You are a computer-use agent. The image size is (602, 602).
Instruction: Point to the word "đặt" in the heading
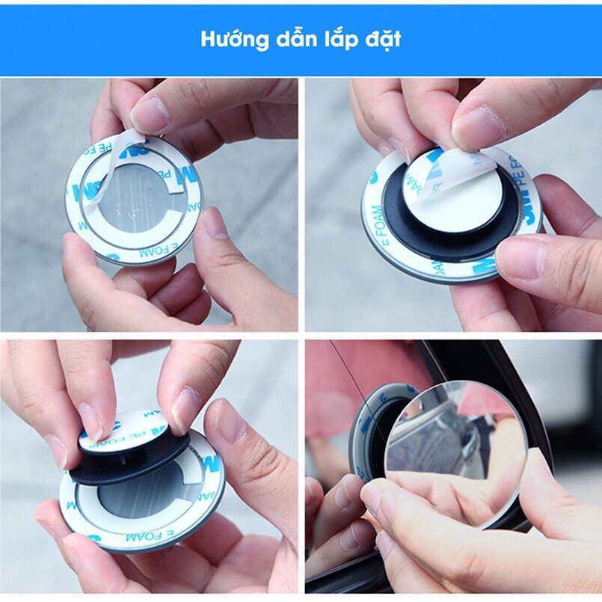382,39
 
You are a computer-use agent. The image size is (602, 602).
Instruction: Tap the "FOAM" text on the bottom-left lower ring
150,537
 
